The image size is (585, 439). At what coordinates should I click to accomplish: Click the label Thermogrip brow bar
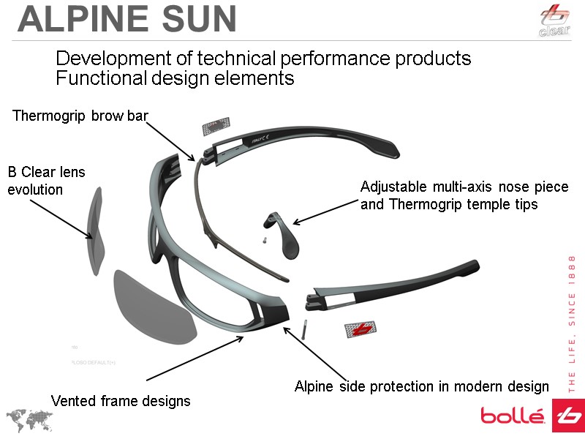click(x=80, y=116)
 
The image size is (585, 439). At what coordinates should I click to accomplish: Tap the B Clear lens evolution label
click(x=46, y=181)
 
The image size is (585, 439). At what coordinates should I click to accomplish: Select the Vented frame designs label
click(x=120, y=401)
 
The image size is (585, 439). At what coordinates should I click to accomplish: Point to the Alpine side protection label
click(x=421, y=386)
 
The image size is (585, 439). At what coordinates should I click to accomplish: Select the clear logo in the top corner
click(x=554, y=20)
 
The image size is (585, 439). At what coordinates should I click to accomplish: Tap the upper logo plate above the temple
click(x=216, y=126)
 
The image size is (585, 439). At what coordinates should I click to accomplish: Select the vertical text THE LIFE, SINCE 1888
click(x=573, y=322)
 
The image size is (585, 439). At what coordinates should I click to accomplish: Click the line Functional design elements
click(x=175, y=78)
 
